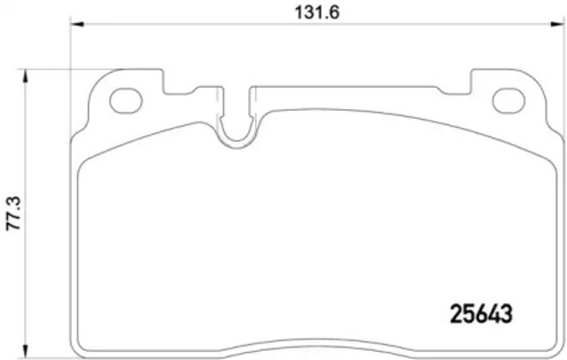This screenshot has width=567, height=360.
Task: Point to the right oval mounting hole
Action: click(x=509, y=100)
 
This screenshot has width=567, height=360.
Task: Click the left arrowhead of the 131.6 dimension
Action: click(x=75, y=26)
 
